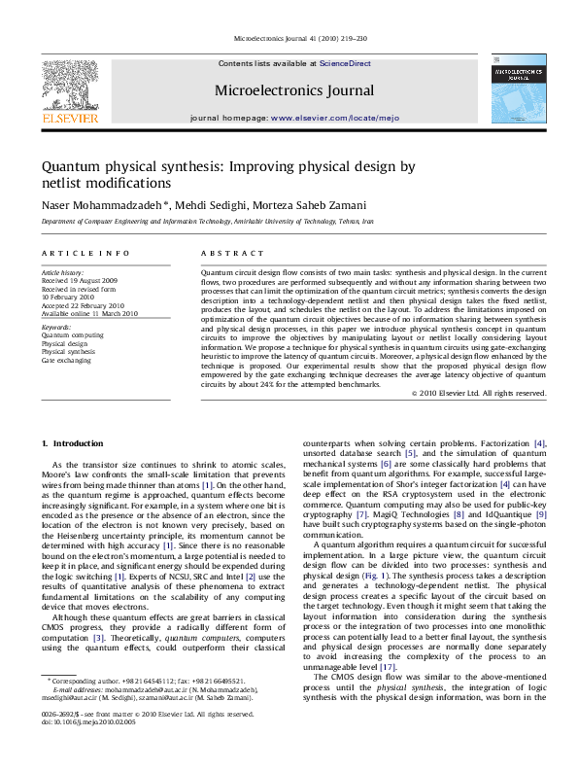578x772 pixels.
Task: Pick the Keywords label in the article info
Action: pos(57,328)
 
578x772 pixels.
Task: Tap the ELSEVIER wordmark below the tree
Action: pos(68,119)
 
